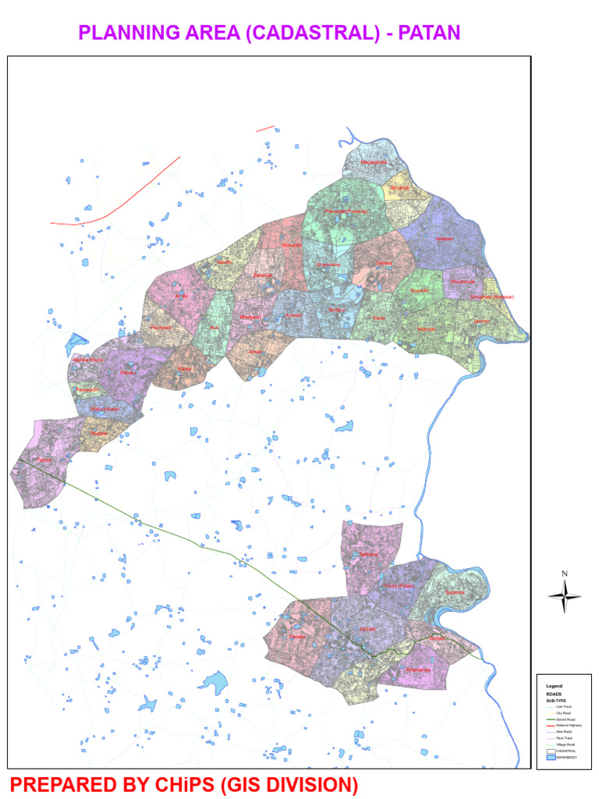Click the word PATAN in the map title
coord(430,32)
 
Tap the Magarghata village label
coord(374,162)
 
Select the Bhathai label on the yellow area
coord(399,188)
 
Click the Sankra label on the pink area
coord(383,265)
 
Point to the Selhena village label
coord(368,555)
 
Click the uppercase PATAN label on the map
coord(368,629)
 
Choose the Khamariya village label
coord(419,669)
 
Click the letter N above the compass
coord(565,574)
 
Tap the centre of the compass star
coord(565,597)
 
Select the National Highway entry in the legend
coord(569,726)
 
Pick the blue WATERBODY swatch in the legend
coord(549,758)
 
